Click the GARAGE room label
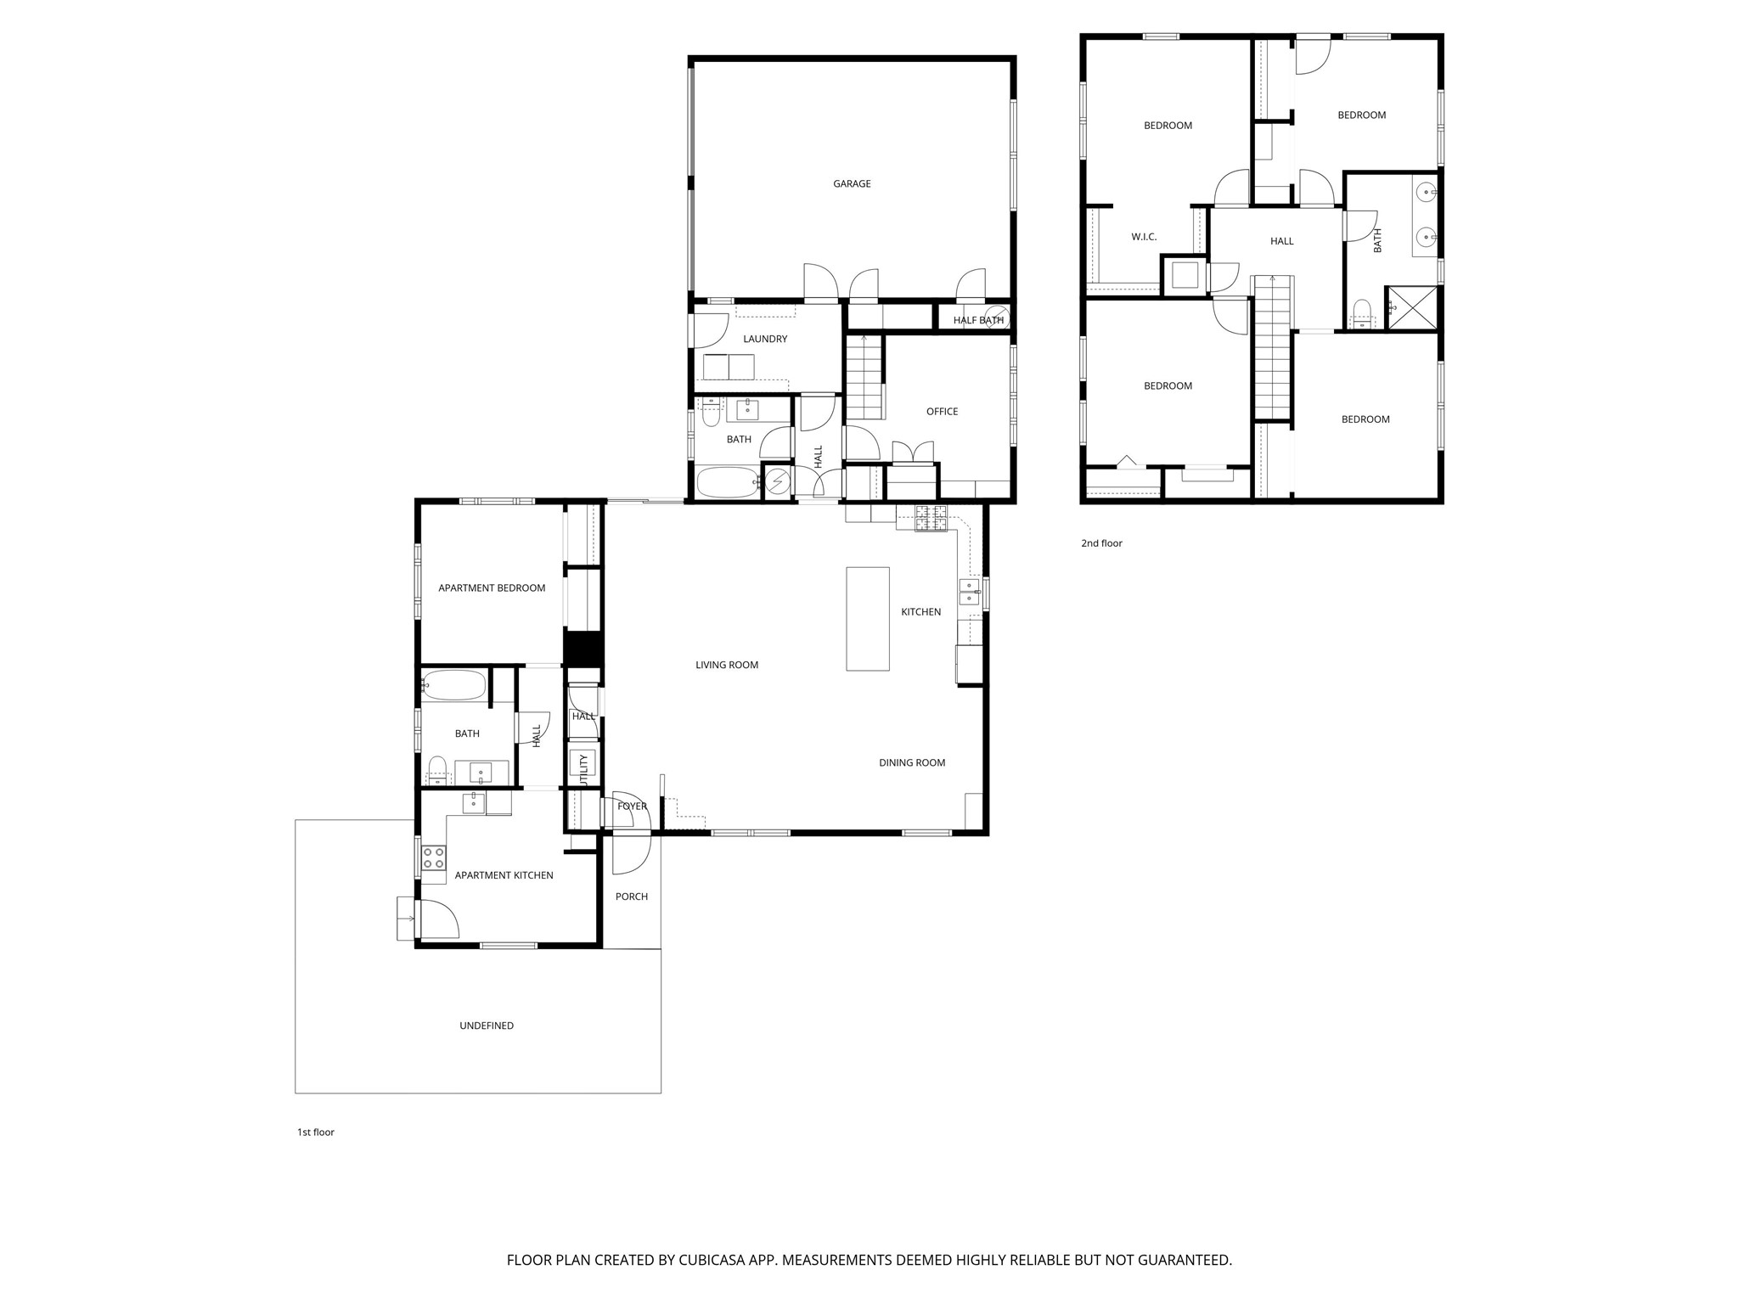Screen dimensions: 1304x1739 tap(852, 184)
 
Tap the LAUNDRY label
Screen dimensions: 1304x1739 tap(765, 340)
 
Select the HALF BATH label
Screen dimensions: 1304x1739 tap(978, 321)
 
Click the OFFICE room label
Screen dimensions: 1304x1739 tap(942, 412)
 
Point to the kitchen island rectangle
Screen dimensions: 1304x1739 tap(867, 619)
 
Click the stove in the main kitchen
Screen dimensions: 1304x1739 tap(931, 518)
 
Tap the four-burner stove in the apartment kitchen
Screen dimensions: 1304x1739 tap(434, 857)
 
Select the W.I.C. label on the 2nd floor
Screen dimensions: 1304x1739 tap(1144, 237)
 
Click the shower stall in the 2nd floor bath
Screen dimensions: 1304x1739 tap(1412, 308)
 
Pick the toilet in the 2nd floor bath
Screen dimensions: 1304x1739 tap(1362, 313)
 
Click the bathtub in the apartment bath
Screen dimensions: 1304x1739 tap(454, 684)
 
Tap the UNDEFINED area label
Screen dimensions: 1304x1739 tap(487, 1026)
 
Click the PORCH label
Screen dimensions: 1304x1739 tap(632, 896)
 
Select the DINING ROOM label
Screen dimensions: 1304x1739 tap(912, 763)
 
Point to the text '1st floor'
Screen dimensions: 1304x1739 tap(316, 1133)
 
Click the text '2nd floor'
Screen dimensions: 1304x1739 tap(1101, 543)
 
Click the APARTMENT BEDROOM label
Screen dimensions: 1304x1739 tap(492, 588)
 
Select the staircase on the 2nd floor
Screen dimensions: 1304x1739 tap(1272, 348)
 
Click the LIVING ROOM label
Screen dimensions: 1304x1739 tap(727, 666)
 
